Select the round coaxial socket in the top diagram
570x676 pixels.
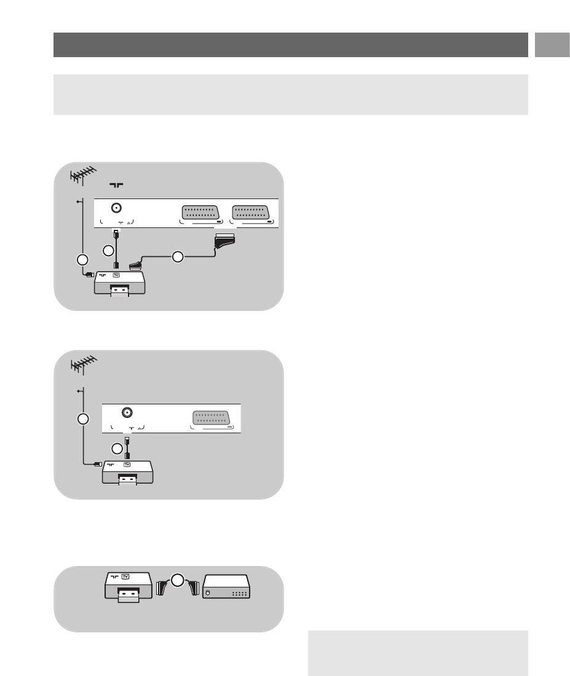coord(114,208)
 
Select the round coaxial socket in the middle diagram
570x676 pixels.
coord(127,413)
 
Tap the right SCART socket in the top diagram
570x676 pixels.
coord(253,213)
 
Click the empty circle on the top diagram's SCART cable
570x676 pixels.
coord(178,257)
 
